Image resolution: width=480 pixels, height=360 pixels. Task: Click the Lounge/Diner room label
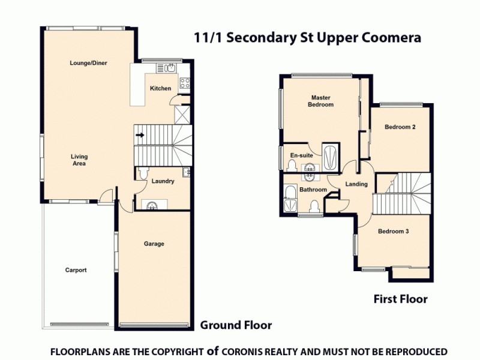click(88, 62)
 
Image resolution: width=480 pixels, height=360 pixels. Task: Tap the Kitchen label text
click(160, 88)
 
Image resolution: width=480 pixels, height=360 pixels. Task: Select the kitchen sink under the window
click(171, 67)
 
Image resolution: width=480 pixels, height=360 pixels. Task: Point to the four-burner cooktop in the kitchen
click(185, 83)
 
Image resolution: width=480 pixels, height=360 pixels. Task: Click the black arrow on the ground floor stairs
click(140, 135)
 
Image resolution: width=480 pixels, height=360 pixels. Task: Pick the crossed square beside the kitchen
click(181, 114)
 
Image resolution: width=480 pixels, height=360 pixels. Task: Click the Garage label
click(154, 244)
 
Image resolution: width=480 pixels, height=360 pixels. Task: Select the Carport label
click(76, 270)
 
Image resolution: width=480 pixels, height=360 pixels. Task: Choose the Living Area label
click(79, 160)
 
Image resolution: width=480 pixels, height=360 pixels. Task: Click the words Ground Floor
click(236, 325)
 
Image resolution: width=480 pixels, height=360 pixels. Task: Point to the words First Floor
click(400, 299)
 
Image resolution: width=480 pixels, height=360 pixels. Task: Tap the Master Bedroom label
click(321, 101)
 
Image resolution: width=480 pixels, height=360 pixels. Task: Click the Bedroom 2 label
click(400, 127)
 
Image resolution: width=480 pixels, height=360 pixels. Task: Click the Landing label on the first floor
click(356, 184)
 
